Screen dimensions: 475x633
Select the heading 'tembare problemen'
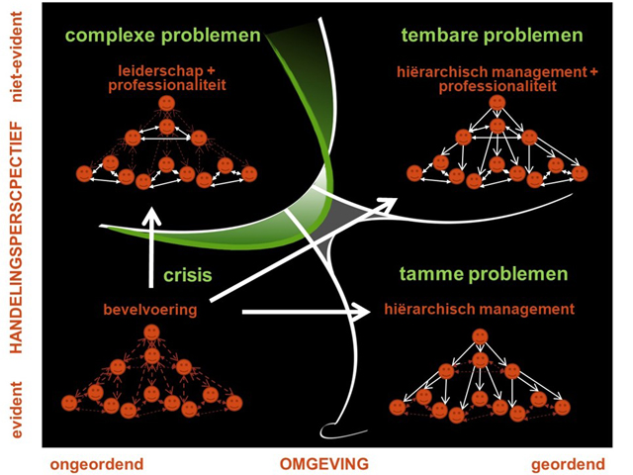coord(492,37)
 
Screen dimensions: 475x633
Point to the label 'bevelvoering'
coord(148,311)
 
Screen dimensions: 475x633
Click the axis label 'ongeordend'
coord(96,461)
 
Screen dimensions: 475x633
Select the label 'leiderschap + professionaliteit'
coord(166,79)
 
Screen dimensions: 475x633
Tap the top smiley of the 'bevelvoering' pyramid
coord(149,332)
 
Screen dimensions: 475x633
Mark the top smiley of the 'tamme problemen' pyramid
coord(480,336)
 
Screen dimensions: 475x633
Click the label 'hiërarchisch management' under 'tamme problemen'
coord(478,310)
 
